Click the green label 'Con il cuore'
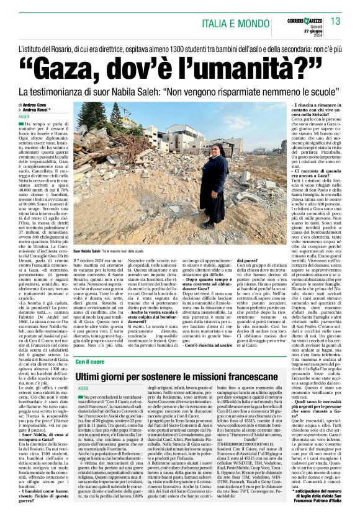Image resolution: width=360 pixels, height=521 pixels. (x=91, y=361)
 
